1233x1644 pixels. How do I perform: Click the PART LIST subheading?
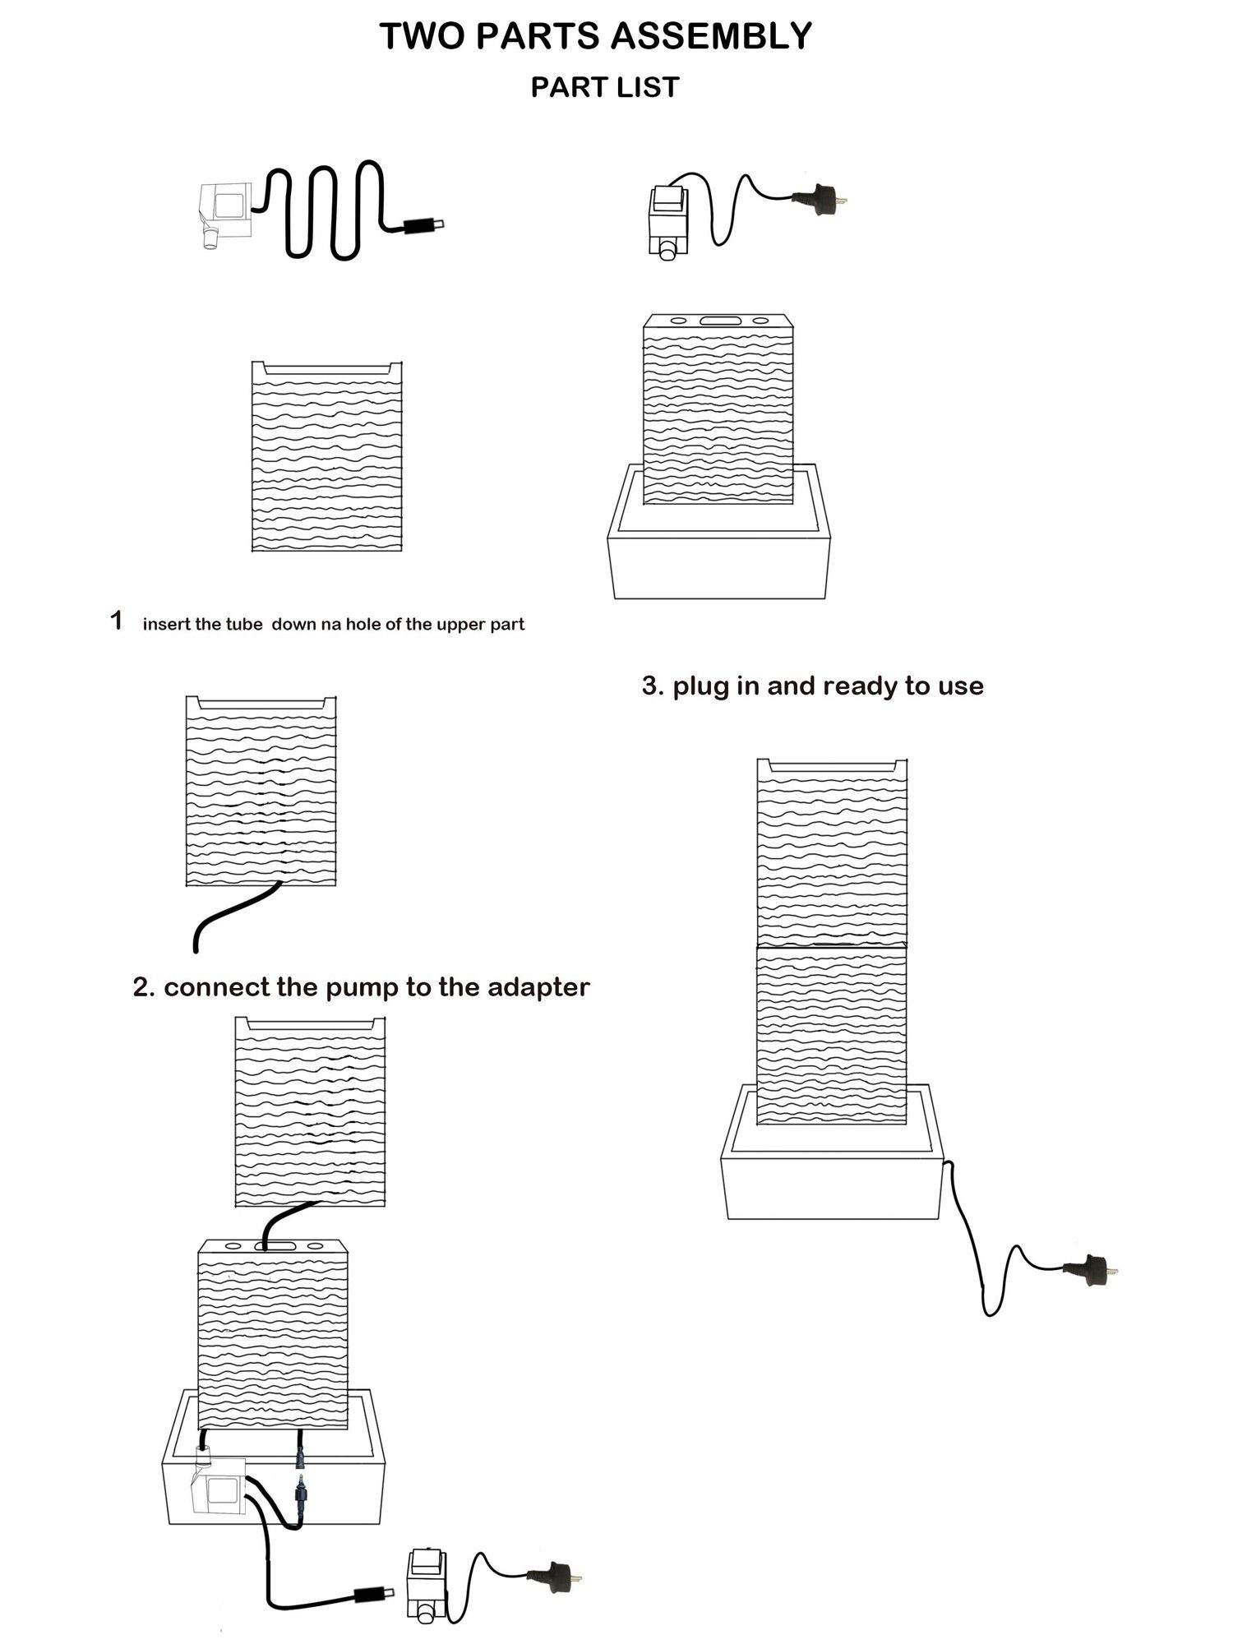click(605, 87)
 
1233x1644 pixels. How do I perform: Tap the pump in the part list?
click(224, 210)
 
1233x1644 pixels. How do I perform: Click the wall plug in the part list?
click(819, 200)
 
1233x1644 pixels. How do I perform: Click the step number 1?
click(117, 621)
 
